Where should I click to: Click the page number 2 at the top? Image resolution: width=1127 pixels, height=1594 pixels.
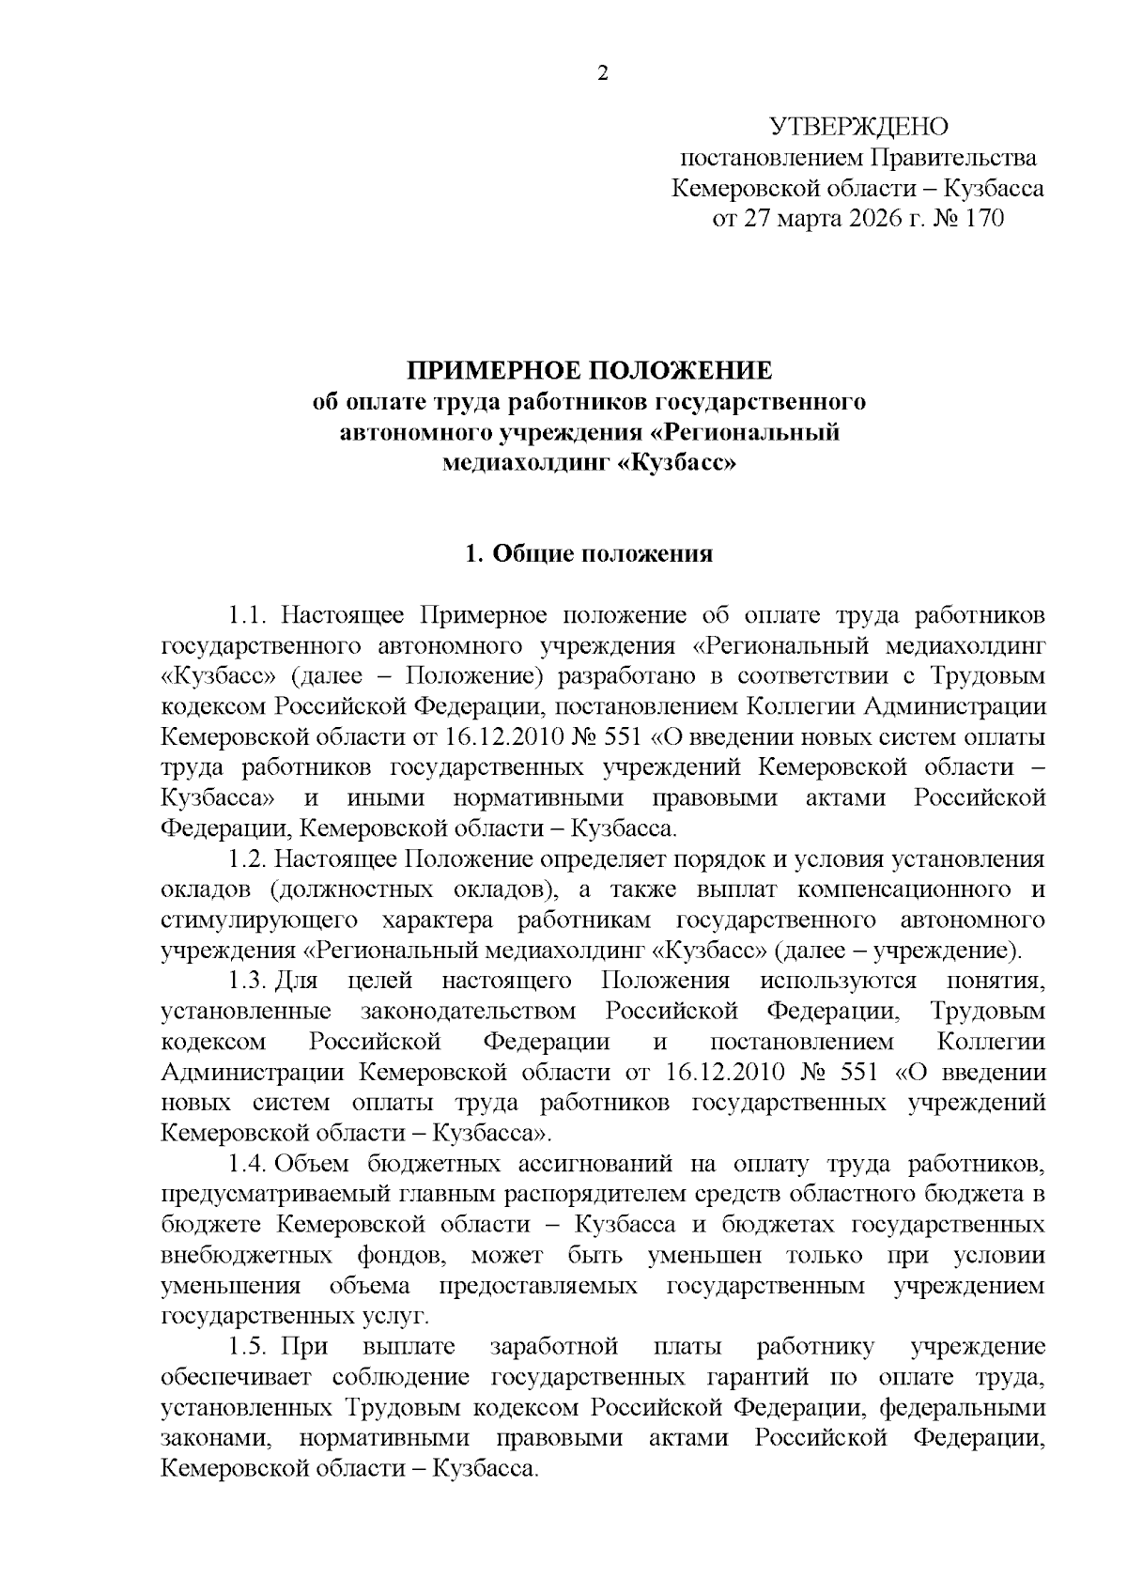[603, 73]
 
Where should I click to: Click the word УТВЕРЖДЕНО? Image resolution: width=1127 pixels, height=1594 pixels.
[857, 127]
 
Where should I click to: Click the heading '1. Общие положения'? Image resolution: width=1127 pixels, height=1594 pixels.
[589, 554]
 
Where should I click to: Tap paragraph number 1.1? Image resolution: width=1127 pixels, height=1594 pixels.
[249, 615]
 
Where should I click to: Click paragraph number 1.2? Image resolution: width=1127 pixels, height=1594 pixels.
[249, 859]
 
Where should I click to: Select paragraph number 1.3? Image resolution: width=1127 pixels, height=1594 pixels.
[249, 981]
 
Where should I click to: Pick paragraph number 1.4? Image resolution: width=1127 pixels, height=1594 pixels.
[249, 1165]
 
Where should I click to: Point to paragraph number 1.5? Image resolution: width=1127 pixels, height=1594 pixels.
[249, 1347]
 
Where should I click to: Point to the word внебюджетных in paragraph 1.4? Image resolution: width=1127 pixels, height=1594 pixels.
[247, 1256]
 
